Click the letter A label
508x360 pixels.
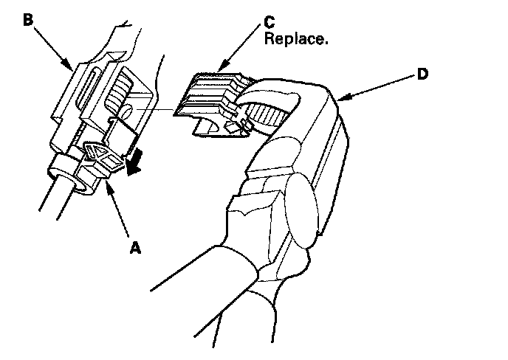point(134,249)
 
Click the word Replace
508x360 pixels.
point(296,38)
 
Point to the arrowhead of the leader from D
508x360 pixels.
point(338,98)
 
